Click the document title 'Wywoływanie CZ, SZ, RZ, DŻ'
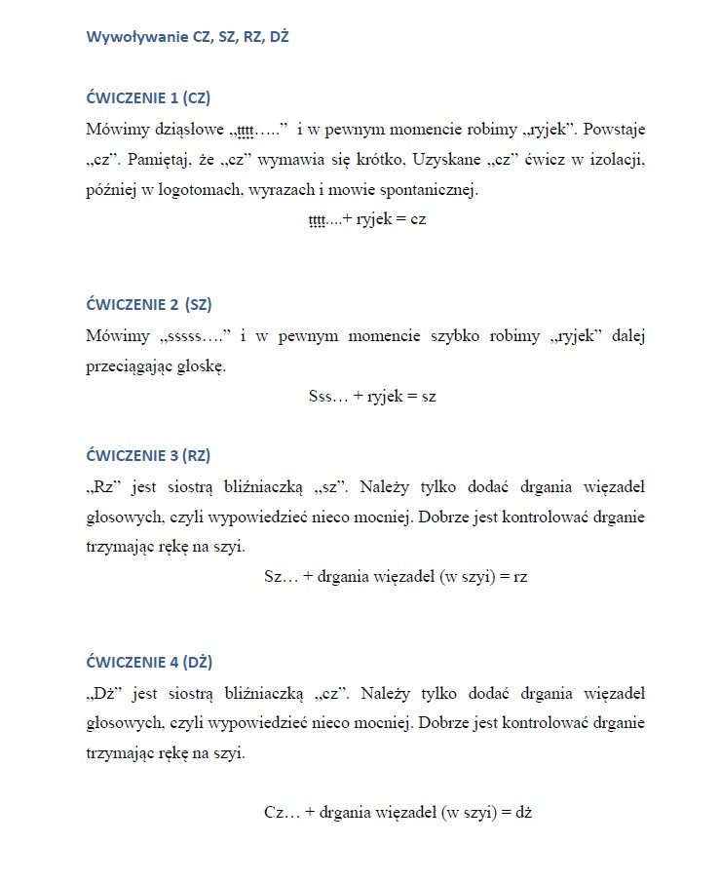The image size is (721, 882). tap(187, 38)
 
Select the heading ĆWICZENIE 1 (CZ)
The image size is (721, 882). tap(148, 97)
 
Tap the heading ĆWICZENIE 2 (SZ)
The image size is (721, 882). tap(149, 304)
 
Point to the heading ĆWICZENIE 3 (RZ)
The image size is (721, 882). tap(148, 455)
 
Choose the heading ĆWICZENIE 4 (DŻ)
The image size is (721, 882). tap(149, 662)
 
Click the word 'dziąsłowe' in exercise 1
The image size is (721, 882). tap(188, 129)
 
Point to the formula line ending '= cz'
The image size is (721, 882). tap(367, 219)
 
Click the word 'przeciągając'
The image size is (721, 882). tap(138, 367)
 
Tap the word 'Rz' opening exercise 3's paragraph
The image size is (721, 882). tap(104, 487)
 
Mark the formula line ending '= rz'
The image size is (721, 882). tap(396, 576)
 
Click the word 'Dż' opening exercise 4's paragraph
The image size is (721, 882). tap(104, 694)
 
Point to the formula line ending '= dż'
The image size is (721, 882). tap(398, 811)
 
